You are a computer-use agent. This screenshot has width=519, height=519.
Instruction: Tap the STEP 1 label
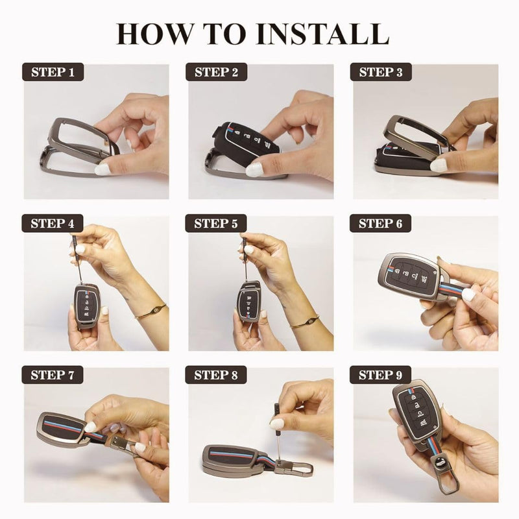tap(53, 72)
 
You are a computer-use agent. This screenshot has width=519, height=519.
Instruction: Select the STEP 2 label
tap(217, 72)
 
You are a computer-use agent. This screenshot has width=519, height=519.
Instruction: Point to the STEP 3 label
tap(381, 72)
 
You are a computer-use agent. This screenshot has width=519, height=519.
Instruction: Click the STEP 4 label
tap(53, 224)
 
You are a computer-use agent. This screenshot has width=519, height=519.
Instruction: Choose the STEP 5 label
tap(217, 224)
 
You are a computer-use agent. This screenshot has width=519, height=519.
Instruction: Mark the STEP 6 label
tap(381, 224)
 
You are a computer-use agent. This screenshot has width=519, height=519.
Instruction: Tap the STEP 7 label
tap(53, 375)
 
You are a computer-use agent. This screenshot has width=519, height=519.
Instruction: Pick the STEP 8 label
tap(217, 375)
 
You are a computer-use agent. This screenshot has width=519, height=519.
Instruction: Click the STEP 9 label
tap(381, 375)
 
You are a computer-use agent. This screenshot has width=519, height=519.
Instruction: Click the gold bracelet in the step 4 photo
tap(151, 312)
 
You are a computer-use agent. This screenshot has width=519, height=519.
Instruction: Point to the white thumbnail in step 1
tap(103, 169)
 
